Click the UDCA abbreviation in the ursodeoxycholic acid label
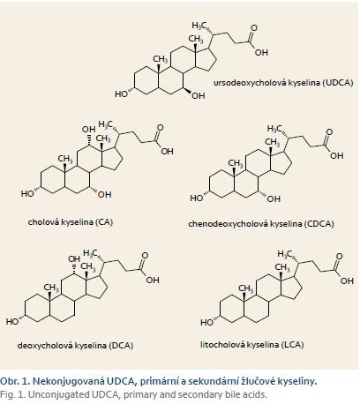point(338,83)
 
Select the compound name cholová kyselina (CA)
point(71,221)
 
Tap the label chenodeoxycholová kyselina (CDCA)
point(261,224)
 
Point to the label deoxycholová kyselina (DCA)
point(75,345)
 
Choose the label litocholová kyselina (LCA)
point(252,344)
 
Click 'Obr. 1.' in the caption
point(15,381)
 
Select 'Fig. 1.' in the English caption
point(12,394)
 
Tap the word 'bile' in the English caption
point(233,394)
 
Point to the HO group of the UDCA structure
point(121,94)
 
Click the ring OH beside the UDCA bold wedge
point(199,96)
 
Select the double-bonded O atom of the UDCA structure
point(253,28)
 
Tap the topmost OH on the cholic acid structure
point(88,129)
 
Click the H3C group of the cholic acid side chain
point(105,124)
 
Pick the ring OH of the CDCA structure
point(274,199)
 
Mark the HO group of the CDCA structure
point(197,198)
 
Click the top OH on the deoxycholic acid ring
point(74,258)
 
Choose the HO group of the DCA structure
point(12,322)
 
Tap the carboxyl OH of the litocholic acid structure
point(347,281)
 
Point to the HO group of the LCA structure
point(206,323)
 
